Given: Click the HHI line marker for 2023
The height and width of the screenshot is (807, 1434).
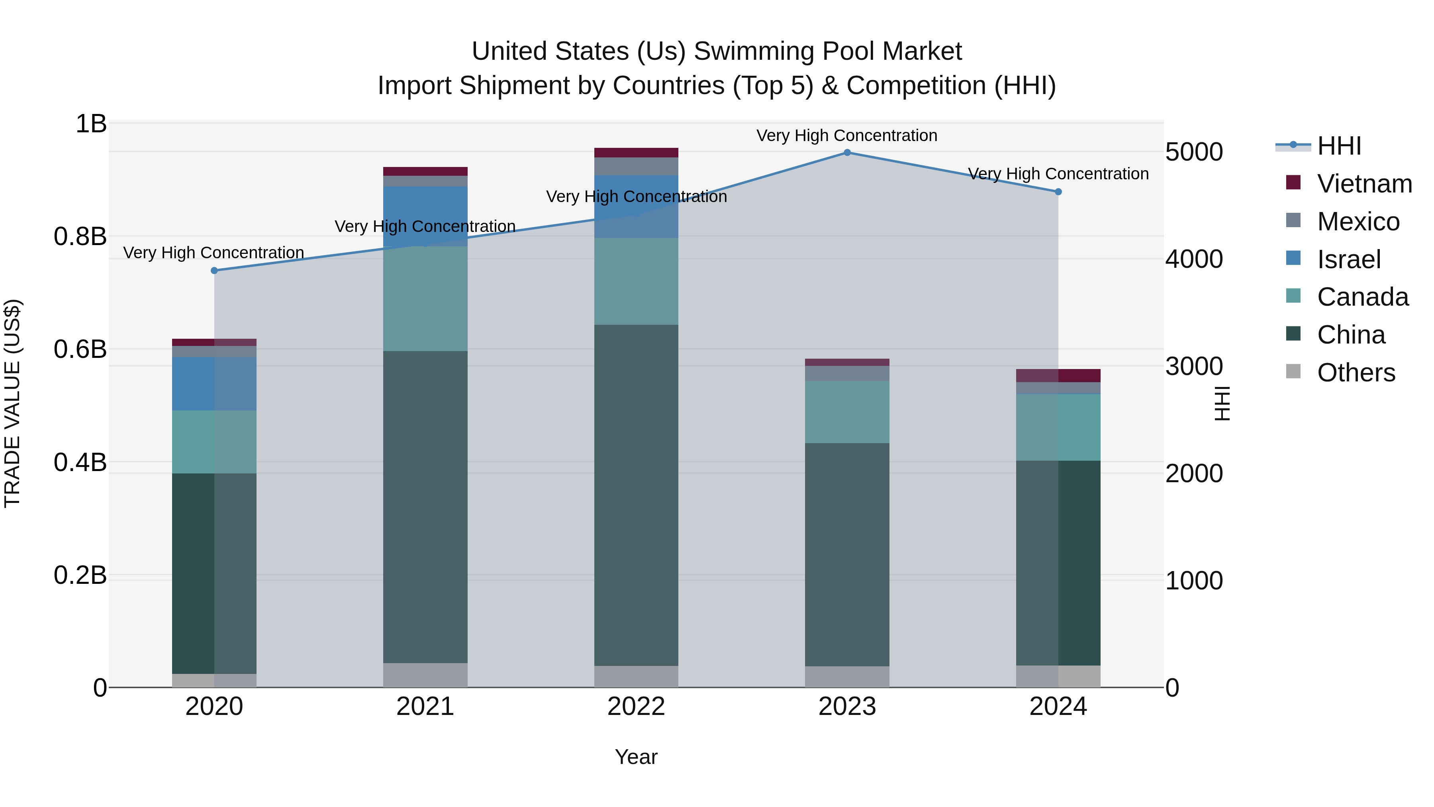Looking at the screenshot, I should click(x=847, y=152).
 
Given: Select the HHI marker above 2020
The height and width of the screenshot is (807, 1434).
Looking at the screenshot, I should click(x=214, y=271).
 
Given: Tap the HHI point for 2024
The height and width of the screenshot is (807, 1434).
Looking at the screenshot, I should click(x=1058, y=192).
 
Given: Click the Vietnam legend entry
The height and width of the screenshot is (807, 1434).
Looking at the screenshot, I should click(x=1364, y=184).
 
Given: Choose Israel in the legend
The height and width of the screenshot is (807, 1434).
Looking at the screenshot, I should click(x=1348, y=259).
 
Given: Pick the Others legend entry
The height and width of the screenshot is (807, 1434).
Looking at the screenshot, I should click(x=1356, y=373).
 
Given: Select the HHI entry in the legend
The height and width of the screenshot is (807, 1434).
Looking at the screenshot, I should click(x=1339, y=146).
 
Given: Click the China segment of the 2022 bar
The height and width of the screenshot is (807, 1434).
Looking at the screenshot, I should click(x=636, y=496).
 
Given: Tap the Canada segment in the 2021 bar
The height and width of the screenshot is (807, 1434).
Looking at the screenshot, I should click(x=425, y=298).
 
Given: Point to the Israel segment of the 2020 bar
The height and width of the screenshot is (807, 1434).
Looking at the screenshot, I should click(x=214, y=384).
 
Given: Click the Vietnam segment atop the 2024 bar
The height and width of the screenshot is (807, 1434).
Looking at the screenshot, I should click(x=1058, y=375).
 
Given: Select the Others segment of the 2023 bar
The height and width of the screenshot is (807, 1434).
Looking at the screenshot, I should click(x=847, y=677).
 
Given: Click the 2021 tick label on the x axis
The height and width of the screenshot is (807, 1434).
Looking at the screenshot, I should click(x=425, y=707).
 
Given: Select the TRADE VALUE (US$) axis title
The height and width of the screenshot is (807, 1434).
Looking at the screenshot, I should click(x=12, y=403).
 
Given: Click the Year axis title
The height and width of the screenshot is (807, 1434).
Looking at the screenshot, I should click(x=636, y=757).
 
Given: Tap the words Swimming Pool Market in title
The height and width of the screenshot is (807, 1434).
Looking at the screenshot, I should click(x=828, y=51).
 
